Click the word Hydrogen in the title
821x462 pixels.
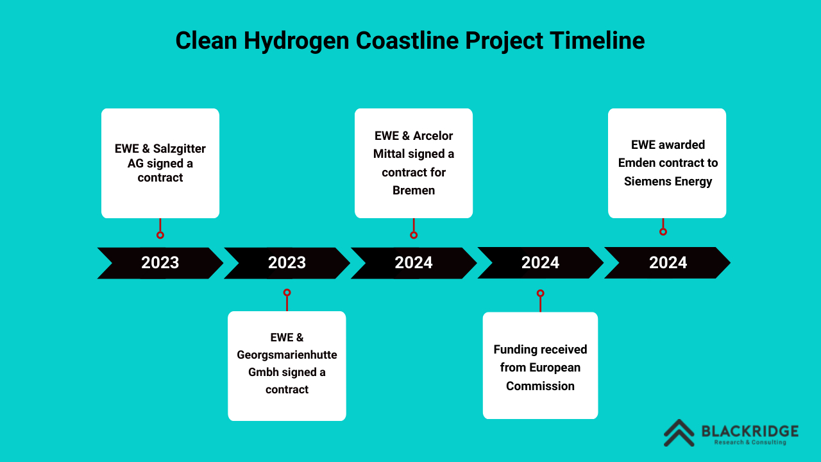click(296, 41)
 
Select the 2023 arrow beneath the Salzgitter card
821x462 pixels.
click(160, 263)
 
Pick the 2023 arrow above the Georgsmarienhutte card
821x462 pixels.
click(287, 263)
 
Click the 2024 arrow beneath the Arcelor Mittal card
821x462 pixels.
click(414, 263)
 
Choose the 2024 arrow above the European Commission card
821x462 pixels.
click(540, 262)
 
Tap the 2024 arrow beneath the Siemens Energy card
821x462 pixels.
click(667, 262)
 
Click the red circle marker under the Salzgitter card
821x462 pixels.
click(160, 235)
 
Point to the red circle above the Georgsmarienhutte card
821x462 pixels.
click(287, 292)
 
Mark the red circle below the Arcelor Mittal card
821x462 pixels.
click(414, 235)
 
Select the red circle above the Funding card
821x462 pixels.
click(540, 293)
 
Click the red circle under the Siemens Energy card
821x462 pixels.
click(663, 232)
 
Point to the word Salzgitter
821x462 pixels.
click(179, 149)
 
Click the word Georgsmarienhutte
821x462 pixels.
click(287, 355)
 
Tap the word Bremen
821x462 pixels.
click(414, 191)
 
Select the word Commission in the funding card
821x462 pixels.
click(540, 386)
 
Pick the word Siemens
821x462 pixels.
click(648, 181)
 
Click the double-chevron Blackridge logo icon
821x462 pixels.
click(679, 433)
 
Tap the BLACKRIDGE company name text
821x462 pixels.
click(750, 431)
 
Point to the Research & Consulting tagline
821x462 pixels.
click(750, 442)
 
